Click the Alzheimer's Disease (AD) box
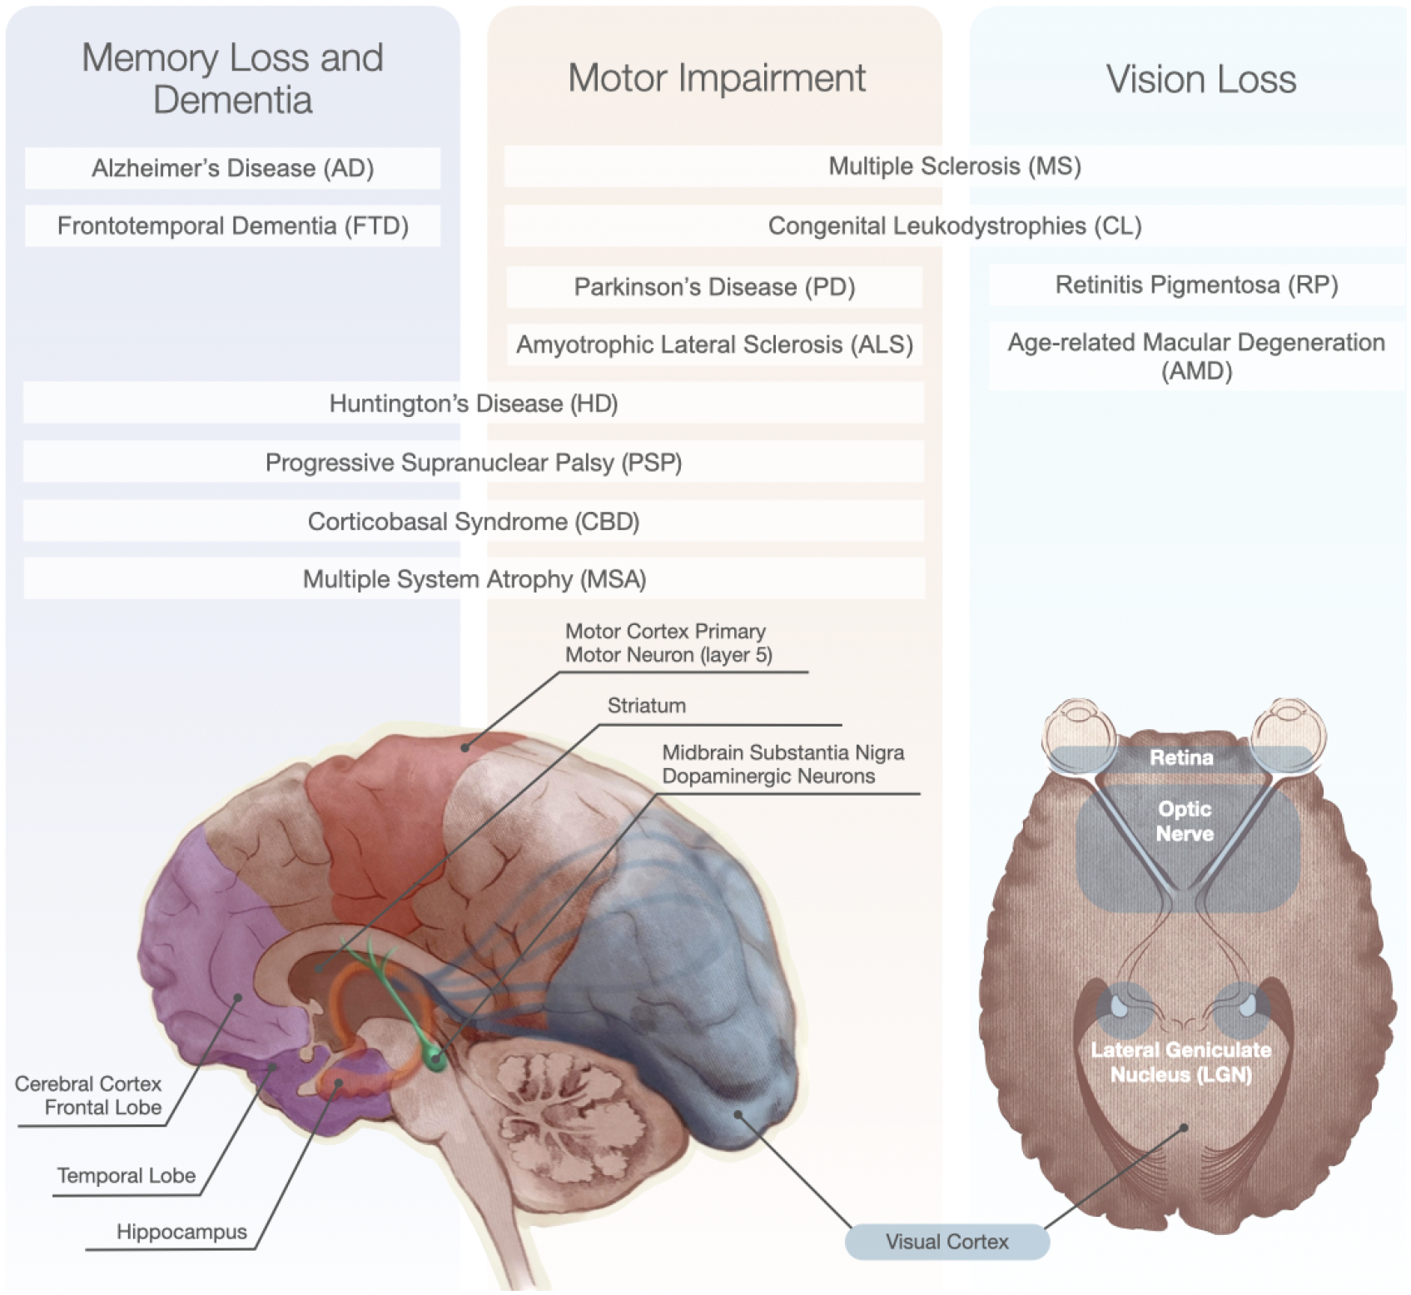point(232,168)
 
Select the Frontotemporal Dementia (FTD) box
point(232,226)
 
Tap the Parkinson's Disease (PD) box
point(714,287)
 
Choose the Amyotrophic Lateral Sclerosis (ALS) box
point(714,345)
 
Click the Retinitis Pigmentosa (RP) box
point(1196,285)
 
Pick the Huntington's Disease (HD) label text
point(474,404)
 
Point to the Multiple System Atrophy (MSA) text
point(474,579)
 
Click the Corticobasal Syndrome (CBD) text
point(474,522)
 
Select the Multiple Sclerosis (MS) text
point(954,166)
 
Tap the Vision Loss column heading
point(1200,80)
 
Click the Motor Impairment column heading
point(716,78)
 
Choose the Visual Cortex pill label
point(946,1242)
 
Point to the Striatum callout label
point(646,706)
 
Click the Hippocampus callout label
point(181,1232)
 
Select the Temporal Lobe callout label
point(127,1175)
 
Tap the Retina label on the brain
point(1181,757)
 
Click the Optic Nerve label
point(1184,821)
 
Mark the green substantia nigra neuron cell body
point(434,1061)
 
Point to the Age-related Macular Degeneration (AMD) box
point(1196,356)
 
